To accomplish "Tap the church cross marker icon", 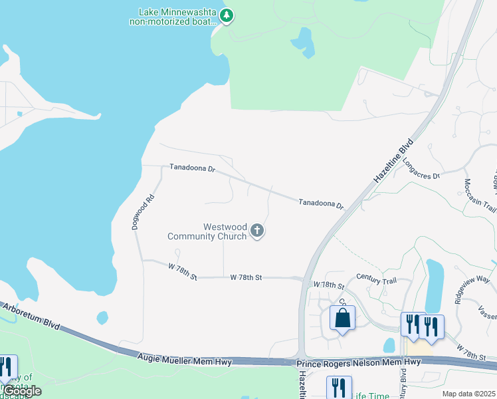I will (x=257, y=231).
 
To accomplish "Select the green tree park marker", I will (x=227, y=15).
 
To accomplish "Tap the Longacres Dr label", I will (x=421, y=176).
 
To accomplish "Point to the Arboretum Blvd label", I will (x=31, y=317).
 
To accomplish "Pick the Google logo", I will (x=22, y=391).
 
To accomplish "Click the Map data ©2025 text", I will (x=468, y=394).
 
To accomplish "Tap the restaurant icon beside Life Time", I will (x=339, y=388).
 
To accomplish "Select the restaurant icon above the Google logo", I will (x=7, y=367).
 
